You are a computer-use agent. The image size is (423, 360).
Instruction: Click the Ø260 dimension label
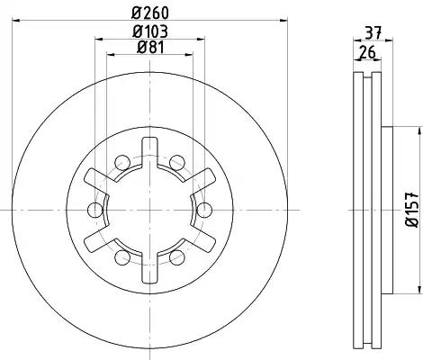(x=150, y=13)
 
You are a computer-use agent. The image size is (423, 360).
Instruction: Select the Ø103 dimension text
(x=150, y=31)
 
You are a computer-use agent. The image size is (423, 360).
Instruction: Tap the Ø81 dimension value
(x=150, y=47)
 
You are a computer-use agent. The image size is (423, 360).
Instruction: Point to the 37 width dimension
(x=373, y=32)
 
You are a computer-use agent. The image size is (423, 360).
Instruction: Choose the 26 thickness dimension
(x=367, y=53)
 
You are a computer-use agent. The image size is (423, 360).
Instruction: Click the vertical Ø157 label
(x=411, y=210)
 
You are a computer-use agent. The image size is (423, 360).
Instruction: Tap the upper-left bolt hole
(x=122, y=163)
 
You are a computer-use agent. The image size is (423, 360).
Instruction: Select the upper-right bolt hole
(x=177, y=163)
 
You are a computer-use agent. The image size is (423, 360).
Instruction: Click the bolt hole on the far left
(x=95, y=210)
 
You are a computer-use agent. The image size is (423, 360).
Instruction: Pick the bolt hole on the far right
(x=204, y=210)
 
